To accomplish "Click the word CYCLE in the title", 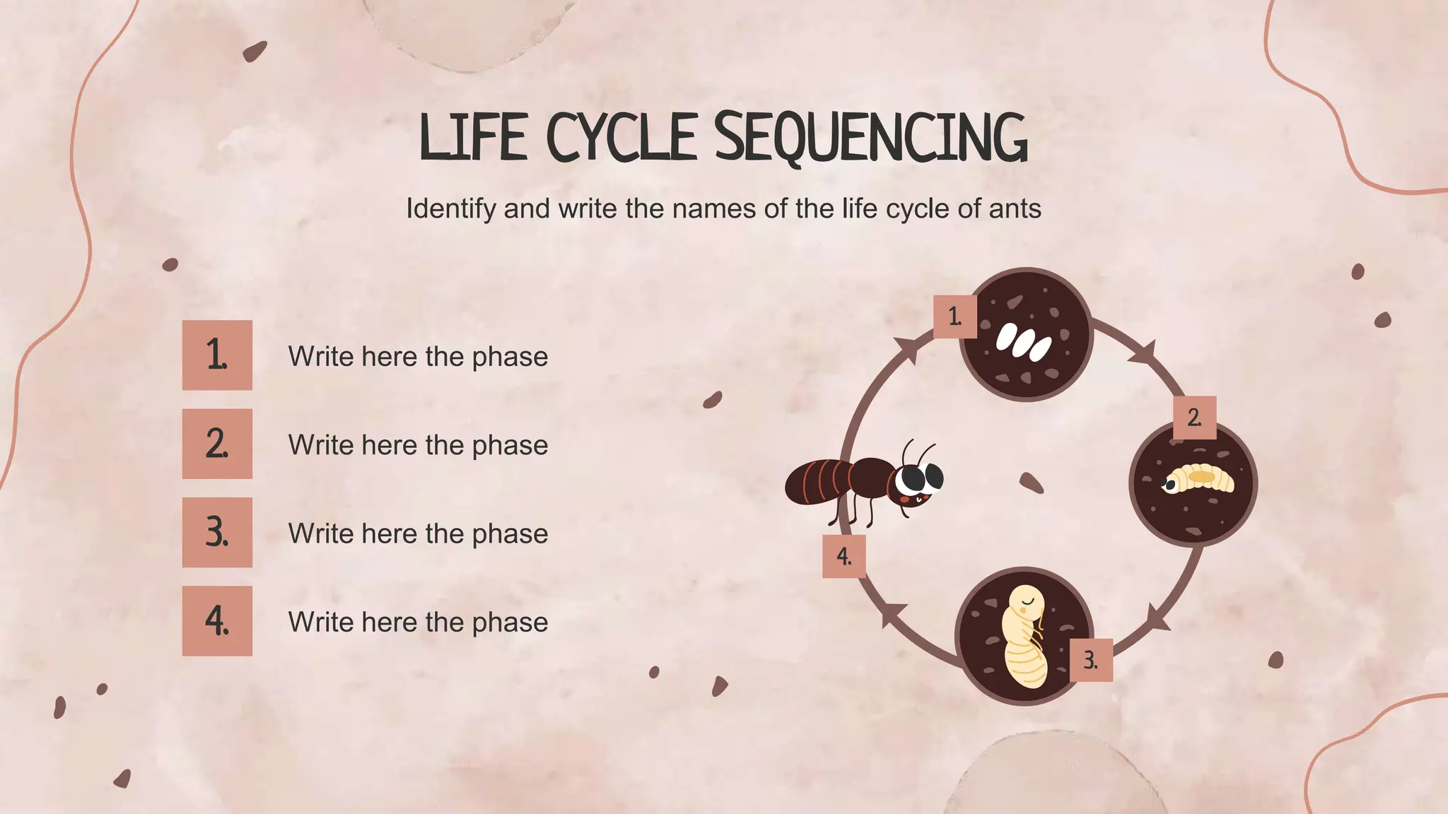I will [x=621, y=137].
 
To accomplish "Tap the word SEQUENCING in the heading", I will [x=870, y=137].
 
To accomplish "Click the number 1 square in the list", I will [x=217, y=355].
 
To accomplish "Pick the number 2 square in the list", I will [x=217, y=444].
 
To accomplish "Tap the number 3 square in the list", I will [x=217, y=532].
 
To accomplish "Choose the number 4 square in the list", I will [x=217, y=620].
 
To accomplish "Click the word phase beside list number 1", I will [x=510, y=357].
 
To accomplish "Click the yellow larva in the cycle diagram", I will [x=1198, y=478].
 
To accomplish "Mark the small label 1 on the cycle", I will [x=954, y=317].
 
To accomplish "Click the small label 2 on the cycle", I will [x=1194, y=418].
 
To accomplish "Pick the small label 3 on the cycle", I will [x=1091, y=660].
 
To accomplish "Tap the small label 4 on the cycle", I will [x=843, y=556].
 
